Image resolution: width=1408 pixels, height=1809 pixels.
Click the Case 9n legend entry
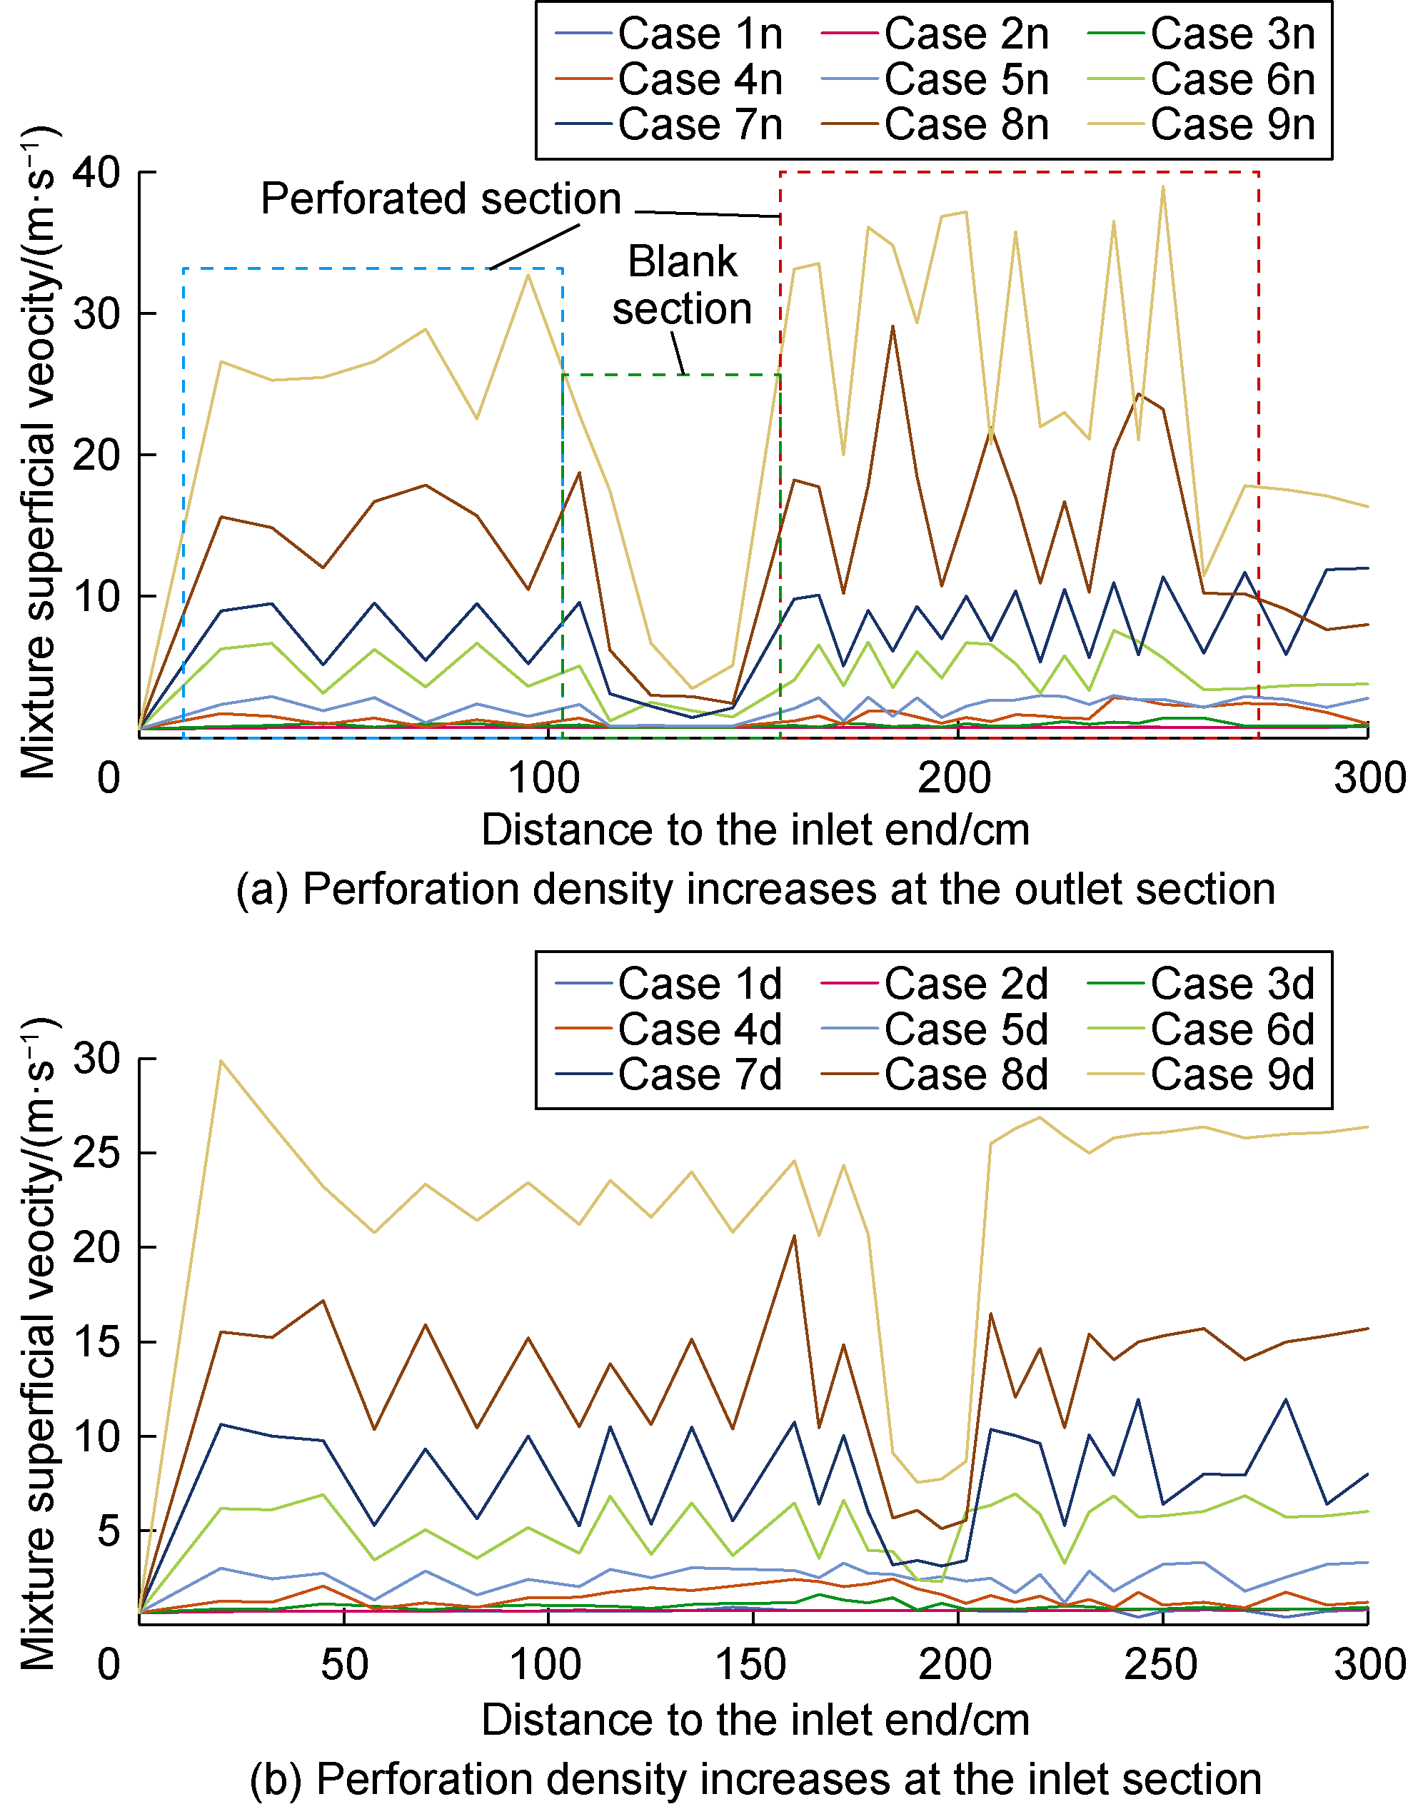tap(1232, 125)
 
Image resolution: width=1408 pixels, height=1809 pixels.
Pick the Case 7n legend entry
tap(700, 125)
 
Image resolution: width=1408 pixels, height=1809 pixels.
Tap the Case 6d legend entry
tap(1232, 1029)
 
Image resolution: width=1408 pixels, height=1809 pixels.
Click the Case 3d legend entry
tap(1232, 984)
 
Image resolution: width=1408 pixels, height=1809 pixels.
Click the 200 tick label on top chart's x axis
tap(954, 779)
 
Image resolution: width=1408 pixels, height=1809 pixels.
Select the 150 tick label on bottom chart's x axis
tap(751, 1665)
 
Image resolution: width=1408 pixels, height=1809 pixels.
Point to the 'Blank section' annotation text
tap(682, 285)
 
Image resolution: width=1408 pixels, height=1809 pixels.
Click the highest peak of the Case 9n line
tap(1163, 186)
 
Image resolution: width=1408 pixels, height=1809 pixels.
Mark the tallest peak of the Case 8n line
tap(892, 326)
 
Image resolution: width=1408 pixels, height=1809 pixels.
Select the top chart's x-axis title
tap(755, 830)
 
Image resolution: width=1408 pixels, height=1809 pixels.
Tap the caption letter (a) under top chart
tap(263, 890)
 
